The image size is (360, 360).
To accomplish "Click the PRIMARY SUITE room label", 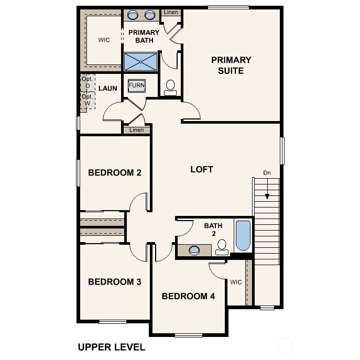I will (x=231, y=65).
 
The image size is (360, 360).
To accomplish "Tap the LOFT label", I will (x=202, y=169).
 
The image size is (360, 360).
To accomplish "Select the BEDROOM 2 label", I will (x=115, y=172).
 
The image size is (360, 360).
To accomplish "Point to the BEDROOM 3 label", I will (x=115, y=282).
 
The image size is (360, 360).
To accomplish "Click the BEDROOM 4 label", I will (x=188, y=296).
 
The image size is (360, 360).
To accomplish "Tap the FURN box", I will (x=137, y=85).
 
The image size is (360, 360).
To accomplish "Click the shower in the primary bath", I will (x=140, y=61).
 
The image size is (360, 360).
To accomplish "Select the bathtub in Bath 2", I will (x=243, y=236).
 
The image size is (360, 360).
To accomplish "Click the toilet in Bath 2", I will (x=222, y=246).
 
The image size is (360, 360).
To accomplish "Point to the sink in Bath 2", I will (x=194, y=250).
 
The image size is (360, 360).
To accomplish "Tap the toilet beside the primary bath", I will (x=170, y=88).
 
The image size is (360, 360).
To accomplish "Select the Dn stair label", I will (x=267, y=172).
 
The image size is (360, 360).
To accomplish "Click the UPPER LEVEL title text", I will (x=111, y=347).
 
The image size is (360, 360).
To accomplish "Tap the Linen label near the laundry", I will (x=136, y=130).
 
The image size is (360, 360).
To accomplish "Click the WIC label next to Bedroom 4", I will (x=236, y=282).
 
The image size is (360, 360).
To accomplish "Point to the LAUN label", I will (x=107, y=88).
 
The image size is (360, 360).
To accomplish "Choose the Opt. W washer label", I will (x=87, y=100).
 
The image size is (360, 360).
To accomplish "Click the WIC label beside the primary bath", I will (x=104, y=40).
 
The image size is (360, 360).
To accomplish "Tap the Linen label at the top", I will (x=170, y=12).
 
